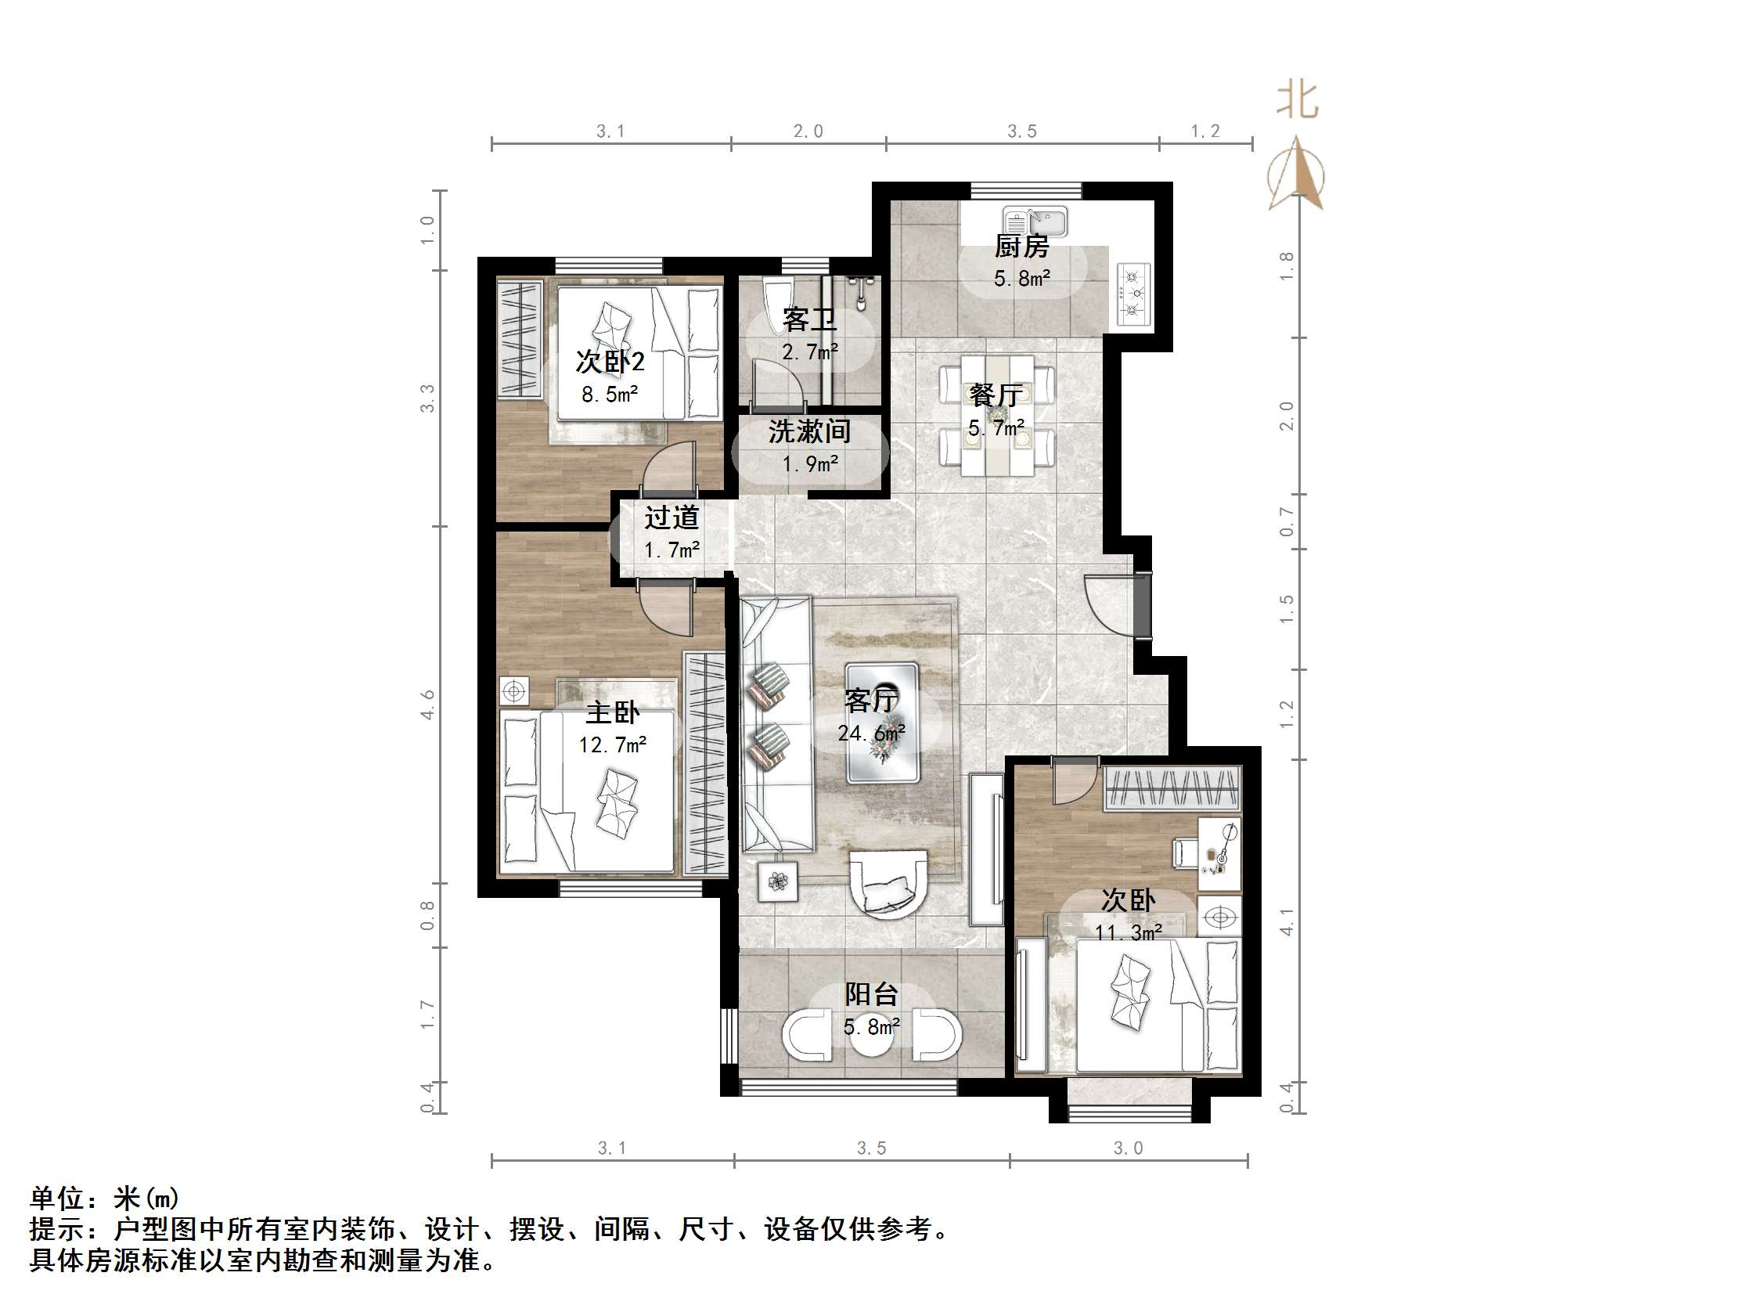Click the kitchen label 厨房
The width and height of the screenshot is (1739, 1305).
(1021, 247)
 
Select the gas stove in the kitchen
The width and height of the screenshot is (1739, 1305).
(1133, 294)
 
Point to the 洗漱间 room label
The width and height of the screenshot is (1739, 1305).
(809, 431)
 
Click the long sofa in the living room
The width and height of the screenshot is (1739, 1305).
(776, 724)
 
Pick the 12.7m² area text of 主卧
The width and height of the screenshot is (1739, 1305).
(613, 744)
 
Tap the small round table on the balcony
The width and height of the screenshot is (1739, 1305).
(871, 1036)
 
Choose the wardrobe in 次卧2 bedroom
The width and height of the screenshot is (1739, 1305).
(520, 339)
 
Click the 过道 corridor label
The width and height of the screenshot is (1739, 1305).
(671, 517)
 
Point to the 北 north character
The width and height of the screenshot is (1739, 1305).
(1296, 102)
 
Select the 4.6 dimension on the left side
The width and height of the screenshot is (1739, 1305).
(427, 704)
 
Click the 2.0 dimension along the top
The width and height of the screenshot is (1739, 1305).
(808, 132)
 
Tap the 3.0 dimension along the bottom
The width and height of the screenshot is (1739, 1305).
(1127, 1148)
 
